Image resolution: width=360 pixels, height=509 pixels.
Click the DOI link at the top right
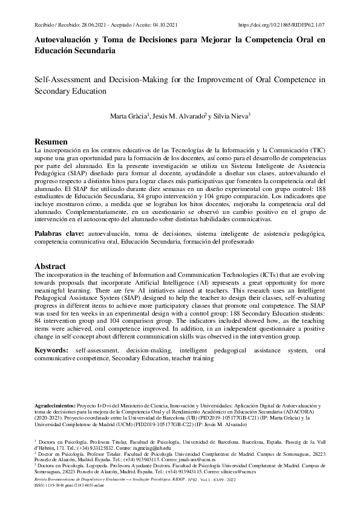(282, 25)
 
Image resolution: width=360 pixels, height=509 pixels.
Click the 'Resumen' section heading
(51, 141)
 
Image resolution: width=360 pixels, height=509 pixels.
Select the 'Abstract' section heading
(50, 266)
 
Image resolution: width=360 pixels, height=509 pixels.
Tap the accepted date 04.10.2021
(160, 25)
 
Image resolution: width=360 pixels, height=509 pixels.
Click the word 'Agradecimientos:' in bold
(54, 404)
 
